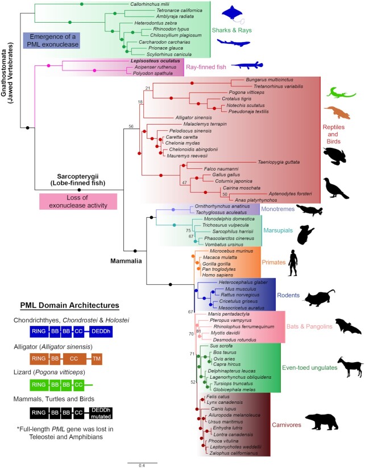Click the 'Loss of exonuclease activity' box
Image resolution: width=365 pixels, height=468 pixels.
78,201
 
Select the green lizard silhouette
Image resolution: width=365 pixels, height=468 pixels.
341,92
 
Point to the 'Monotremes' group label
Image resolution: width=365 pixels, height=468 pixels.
276,210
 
